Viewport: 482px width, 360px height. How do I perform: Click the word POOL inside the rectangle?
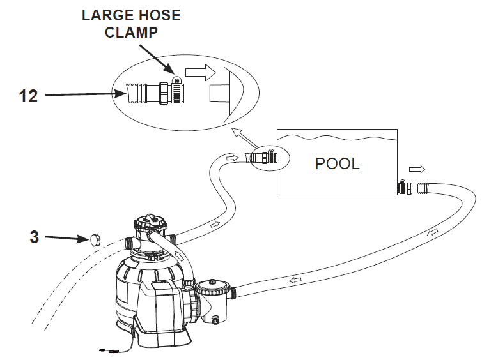point(337,163)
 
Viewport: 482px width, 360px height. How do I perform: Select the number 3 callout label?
point(35,237)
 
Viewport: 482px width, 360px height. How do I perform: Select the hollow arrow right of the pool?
point(416,169)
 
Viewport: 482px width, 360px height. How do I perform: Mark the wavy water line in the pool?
point(337,137)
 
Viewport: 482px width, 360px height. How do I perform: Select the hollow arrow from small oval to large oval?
point(240,135)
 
